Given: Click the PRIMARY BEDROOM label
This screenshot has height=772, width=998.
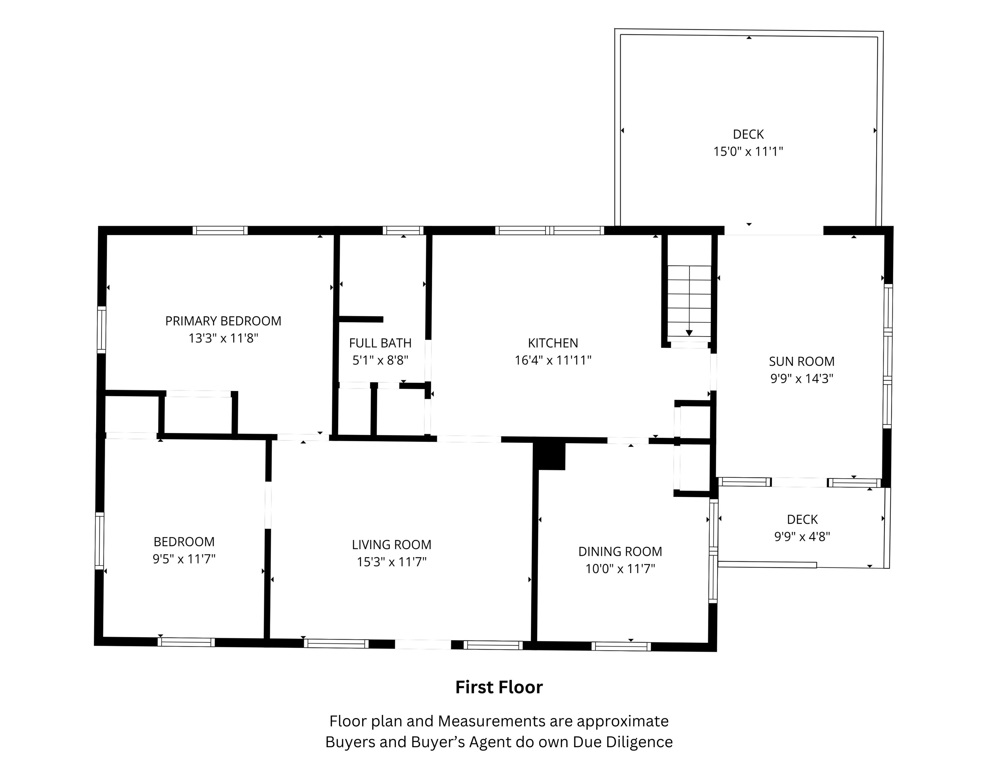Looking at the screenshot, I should (x=223, y=321).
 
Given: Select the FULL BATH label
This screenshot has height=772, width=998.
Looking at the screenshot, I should (x=380, y=343).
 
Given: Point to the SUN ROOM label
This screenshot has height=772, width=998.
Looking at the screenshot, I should (x=801, y=361).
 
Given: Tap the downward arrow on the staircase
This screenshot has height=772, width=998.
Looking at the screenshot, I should (x=689, y=332).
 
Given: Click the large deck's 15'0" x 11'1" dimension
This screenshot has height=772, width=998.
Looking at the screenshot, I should (x=748, y=151).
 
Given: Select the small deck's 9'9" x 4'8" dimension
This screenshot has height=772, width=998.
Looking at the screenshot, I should (x=802, y=536).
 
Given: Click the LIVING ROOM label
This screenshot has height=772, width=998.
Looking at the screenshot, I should (x=391, y=545).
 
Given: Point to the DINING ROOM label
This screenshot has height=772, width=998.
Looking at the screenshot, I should (x=620, y=552).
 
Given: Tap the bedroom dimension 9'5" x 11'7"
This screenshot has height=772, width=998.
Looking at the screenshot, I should (x=184, y=559).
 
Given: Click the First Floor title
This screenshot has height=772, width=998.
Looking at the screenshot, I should (x=498, y=687).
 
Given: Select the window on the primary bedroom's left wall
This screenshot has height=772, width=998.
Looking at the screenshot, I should (x=101, y=330).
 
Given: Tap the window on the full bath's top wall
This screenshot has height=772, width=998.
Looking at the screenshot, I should (x=403, y=231).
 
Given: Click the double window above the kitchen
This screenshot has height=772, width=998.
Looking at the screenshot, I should (x=550, y=231).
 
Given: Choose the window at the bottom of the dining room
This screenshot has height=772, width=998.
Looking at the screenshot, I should (x=621, y=646).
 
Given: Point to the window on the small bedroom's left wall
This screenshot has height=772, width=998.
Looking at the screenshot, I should (x=99, y=541).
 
